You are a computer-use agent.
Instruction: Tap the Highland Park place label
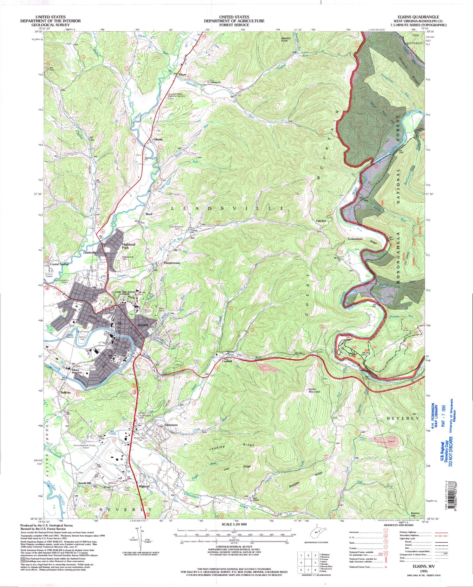pyautogui.click(x=128, y=246)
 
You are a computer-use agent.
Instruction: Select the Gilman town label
pyautogui.click(x=158, y=139)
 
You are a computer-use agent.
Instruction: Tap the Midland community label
pyautogui.click(x=144, y=486)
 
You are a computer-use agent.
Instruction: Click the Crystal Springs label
pyautogui.click(x=59, y=264)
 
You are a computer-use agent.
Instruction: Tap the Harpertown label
pyautogui.click(x=172, y=262)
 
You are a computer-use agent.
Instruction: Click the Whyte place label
pyautogui.click(x=182, y=75)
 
